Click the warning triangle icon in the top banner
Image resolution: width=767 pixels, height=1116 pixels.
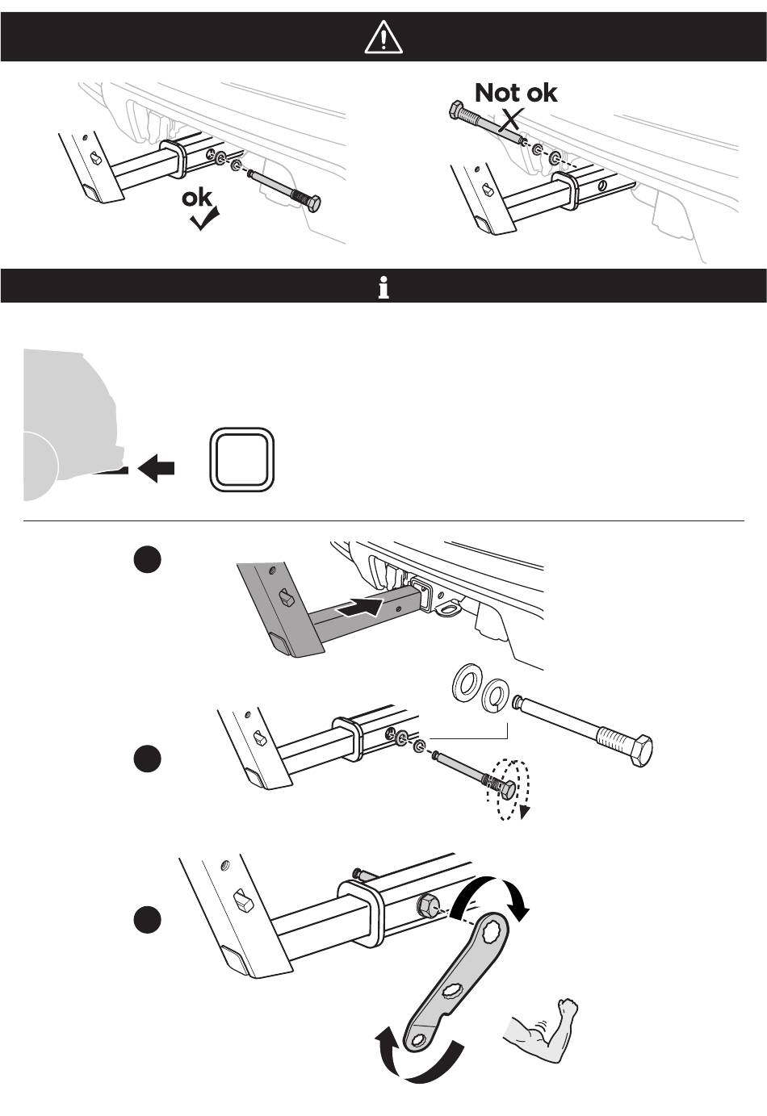[383, 38]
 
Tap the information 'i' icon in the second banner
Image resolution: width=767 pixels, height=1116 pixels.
[383, 288]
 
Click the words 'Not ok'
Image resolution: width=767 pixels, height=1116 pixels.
[516, 93]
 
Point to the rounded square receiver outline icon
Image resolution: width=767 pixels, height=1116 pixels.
[242, 460]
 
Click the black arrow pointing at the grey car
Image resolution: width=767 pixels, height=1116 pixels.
[156, 468]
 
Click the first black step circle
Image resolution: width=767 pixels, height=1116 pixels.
[148, 559]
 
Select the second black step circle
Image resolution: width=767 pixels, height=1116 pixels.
[148, 759]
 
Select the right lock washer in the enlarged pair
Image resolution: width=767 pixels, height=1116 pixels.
[496, 696]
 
